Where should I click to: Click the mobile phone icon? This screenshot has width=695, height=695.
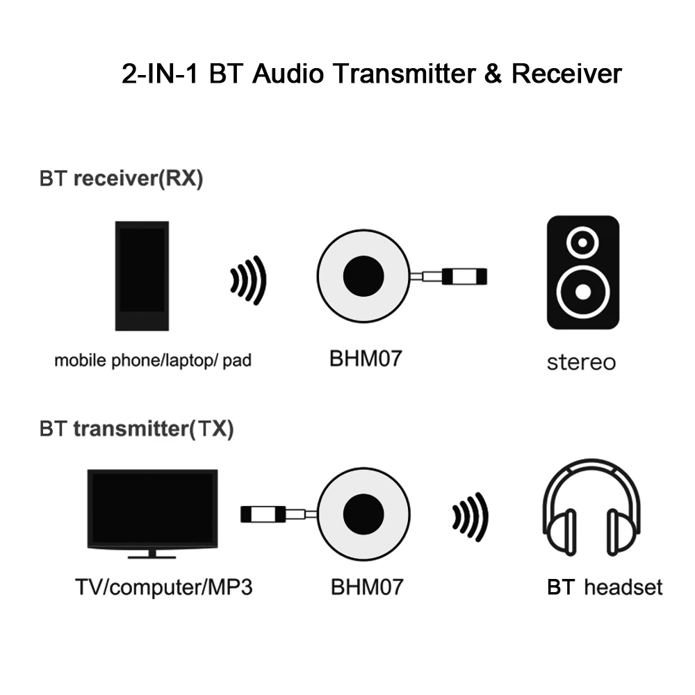142,275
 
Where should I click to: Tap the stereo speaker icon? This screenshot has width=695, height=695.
582,272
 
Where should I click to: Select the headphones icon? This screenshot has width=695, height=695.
592,509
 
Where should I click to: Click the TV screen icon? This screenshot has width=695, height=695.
153,509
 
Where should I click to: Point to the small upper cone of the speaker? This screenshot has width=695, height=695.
582,241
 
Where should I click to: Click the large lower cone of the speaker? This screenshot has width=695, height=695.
582,289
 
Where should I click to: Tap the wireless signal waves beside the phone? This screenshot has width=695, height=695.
249,280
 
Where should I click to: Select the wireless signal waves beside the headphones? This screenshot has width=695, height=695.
471,516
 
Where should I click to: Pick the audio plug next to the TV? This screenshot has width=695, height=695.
262,514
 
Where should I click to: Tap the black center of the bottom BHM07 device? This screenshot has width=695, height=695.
363,514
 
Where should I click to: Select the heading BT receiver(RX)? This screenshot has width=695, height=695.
122,179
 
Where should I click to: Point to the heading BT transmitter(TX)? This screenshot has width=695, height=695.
137,429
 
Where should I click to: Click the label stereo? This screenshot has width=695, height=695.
581,362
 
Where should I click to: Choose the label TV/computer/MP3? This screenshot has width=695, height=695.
163,587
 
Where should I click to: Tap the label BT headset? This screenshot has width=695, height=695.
605,587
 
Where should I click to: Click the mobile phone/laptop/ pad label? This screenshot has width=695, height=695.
153,361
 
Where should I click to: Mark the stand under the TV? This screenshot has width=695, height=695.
152,555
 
